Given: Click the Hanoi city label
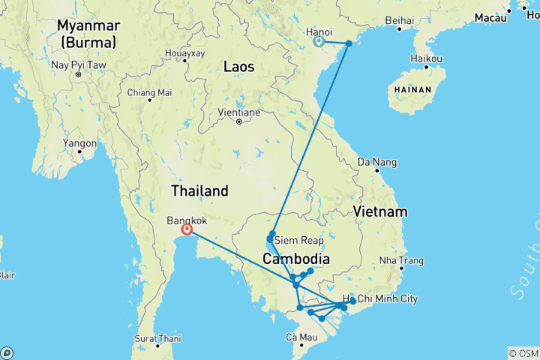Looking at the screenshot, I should pos(319,31).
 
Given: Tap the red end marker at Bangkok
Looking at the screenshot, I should pos(186,231).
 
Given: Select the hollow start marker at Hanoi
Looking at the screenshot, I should pos(319,42).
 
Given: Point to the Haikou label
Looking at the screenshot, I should pos(427,58).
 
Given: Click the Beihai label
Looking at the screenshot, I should pos(398,19).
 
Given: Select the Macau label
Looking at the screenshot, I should pos(490,17).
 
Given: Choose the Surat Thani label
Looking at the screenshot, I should pos(158,339).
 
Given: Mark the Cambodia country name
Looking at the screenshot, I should pos(296,259).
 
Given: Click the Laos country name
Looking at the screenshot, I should pos(238,67).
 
